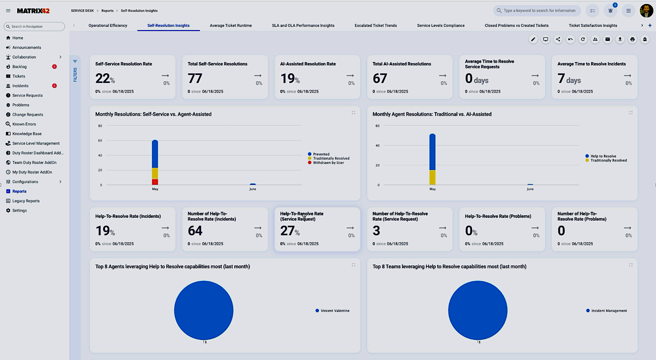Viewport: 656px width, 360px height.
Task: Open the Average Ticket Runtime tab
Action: tap(231, 26)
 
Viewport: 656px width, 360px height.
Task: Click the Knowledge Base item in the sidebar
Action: tap(27, 134)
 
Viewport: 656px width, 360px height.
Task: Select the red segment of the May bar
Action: tap(155, 182)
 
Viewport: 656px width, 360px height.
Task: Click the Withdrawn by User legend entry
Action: tap(328, 163)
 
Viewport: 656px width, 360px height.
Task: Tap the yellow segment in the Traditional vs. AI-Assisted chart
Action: tap(432, 177)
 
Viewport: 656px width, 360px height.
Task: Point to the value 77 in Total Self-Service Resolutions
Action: tap(195, 78)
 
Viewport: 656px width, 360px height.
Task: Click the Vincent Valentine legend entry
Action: tap(335, 311)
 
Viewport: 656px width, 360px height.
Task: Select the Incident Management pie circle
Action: tap(477, 310)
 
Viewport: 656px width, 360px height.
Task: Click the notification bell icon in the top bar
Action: tap(610, 11)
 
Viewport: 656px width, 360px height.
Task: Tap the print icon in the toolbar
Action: tap(632, 39)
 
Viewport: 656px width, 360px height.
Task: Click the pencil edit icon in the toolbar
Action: tap(533, 39)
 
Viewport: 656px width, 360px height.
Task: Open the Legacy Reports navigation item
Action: tap(26, 201)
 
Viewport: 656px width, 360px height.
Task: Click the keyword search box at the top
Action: tap(539, 11)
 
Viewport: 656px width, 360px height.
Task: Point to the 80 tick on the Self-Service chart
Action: tap(100, 126)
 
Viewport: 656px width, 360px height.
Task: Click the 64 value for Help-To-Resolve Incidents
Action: tap(195, 231)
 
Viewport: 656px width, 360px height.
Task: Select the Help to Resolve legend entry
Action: tap(603, 156)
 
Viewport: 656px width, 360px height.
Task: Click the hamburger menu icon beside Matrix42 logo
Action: tap(8, 11)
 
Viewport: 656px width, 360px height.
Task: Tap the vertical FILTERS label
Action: tap(75, 75)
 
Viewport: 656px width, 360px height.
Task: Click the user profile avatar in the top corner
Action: tap(646, 11)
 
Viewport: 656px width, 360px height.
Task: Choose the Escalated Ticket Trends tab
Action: tap(375, 26)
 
